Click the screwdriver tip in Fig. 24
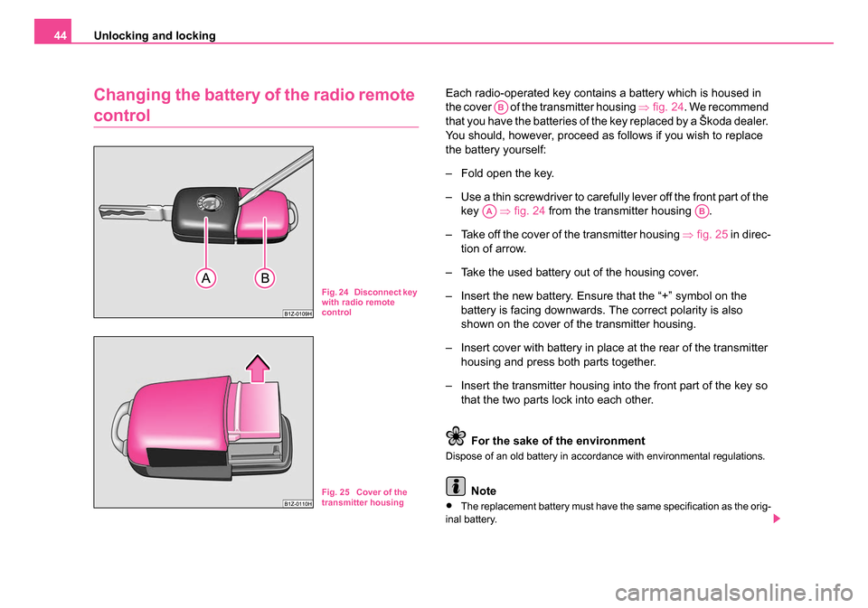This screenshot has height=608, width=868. (x=241, y=192)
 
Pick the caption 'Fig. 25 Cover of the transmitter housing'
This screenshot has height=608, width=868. (x=366, y=497)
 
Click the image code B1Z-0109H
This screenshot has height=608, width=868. (x=298, y=312)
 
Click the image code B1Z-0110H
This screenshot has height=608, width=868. (x=297, y=503)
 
